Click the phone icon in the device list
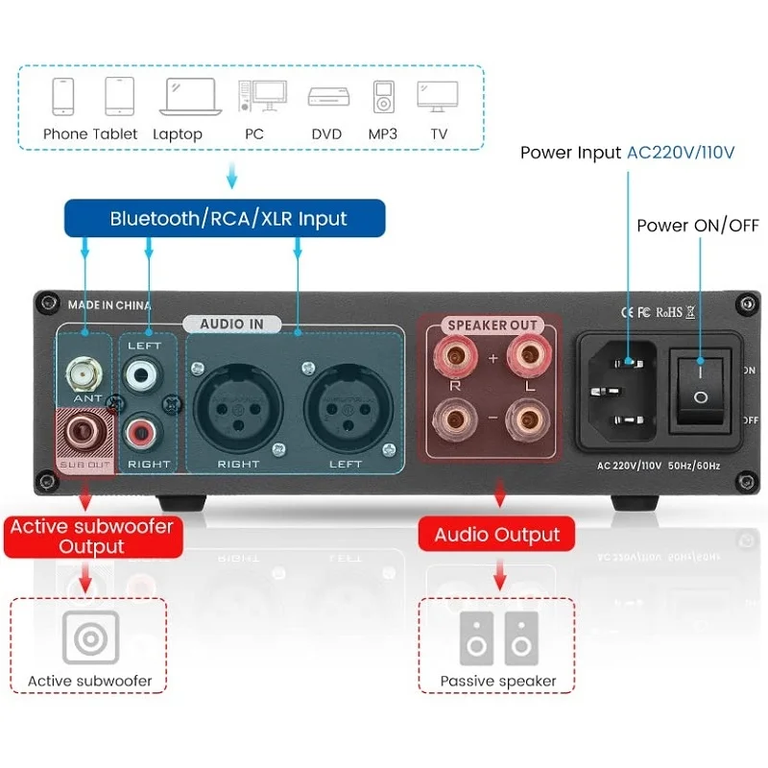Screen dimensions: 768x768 (x=63, y=97)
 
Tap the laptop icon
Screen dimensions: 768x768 (x=190, y=97)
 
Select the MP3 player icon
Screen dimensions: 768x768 (x=383, y=97)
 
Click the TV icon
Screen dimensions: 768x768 (x=438, y=97)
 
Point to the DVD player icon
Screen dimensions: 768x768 (x=328, y=97)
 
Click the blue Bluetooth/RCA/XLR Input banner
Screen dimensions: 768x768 (x=225, y=218)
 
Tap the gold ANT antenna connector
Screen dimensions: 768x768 (x=84, y=374)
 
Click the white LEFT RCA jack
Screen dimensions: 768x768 (x=141, y=375)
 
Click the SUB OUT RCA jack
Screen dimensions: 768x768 (x=84, y=432)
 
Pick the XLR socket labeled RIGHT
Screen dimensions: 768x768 (x=238, y=408)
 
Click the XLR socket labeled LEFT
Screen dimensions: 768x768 (x=348, y=408)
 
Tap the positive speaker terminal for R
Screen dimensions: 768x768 (x=455, y=355)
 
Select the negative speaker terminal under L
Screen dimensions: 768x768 (x=528, y=420)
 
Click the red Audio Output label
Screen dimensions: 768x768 (x=496, y=535)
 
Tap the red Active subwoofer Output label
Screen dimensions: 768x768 (x=92, y=537)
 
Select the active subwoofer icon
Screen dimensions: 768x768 (x=90, y=637)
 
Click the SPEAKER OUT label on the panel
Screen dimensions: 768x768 (x=492, y=325)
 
